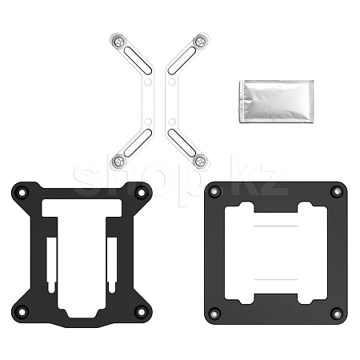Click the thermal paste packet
click(x=277, y=102)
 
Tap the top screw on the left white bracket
click(x=119, y=42)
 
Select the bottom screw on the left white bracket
click(x=119, y=161)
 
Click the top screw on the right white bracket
click(x=200, y=42)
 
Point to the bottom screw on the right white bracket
click(x=200, y=161)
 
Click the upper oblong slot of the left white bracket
click(x=138, y=61)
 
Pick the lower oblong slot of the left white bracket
click(x=138, y=142)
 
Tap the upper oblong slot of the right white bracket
click(x=182, y=61)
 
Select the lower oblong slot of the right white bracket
click(x=182, y=142)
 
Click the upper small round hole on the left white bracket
click(x=148, y=82)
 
